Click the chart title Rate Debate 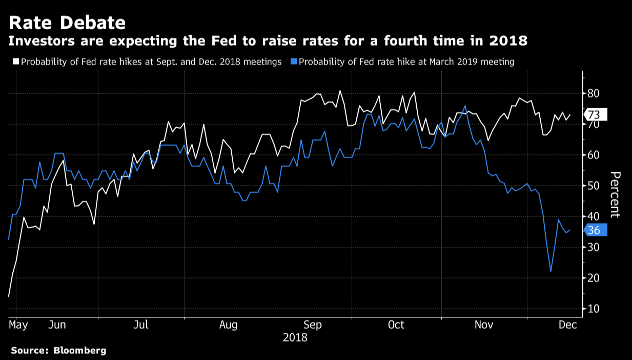pos(67,23)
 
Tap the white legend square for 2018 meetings pos(15,62)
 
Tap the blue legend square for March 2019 pos(293,62)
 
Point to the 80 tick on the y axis pos(594,93)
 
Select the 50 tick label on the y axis pos(594,186)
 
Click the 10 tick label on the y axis pos(594,309)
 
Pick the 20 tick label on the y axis pos(594,278)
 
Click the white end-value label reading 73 pos(595,114)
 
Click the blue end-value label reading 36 pos(595,230)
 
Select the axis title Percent pos(615,195)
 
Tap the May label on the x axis pos(18,325)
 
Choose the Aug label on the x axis pos(228,325)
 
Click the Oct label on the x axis pos(396,325)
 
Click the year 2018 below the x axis pos(295,337)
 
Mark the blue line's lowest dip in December pos(551,271)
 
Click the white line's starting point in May pos(9,296)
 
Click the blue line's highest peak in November pos(465,106)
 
